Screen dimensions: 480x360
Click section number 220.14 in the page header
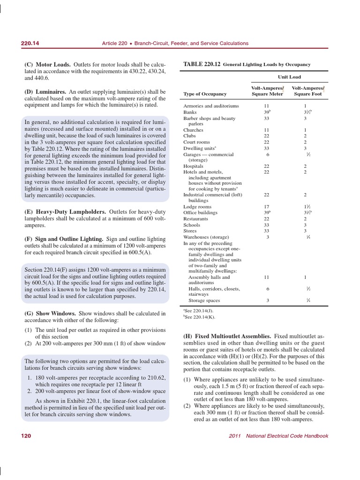coord(30,43)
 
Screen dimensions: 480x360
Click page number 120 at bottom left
coord(26,436)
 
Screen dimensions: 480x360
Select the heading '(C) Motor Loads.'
coord(47,64)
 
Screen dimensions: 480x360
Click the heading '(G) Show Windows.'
coord(50,313)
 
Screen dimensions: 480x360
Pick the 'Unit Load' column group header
coord(289,77)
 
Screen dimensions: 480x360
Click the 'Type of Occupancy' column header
coord(205,94)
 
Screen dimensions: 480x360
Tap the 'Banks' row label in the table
coord(190,112)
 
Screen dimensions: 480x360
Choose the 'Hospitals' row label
coord(193,166)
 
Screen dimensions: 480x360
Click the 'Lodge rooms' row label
coord(197,207)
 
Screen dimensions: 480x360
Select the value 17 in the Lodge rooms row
coord(267,207)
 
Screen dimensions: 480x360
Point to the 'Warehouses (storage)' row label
coord(206,237)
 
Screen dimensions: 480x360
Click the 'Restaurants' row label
coord(195,219)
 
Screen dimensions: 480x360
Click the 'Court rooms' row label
coord(196,142)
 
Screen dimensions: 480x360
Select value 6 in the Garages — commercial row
coord(267,154)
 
